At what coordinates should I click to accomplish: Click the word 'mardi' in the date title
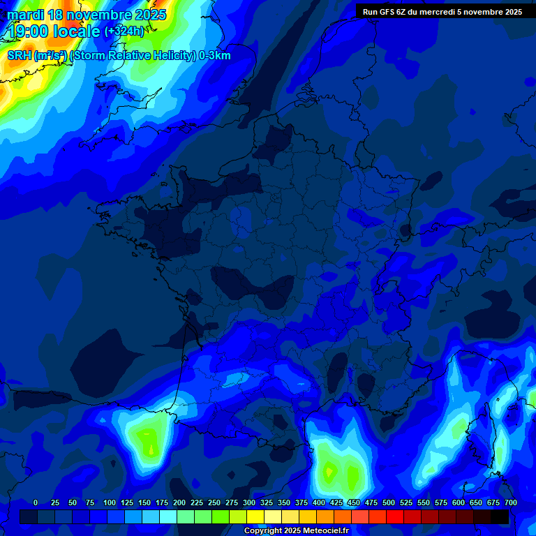point(25,15)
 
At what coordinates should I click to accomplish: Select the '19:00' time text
point(29,31)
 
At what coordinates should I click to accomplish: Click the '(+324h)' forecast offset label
point(124,31)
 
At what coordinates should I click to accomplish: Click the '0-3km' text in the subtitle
point(215,56)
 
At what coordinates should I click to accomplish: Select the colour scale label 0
point(36,502)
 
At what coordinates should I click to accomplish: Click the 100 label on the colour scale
point(110,502)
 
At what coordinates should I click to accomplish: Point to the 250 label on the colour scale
point(214,502)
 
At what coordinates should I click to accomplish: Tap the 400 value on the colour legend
point(319,502)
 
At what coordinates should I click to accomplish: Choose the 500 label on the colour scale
point(389,502)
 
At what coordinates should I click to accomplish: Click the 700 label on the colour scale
point(510,502)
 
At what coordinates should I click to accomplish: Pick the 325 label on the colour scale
point(267,502)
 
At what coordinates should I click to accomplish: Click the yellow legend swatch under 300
point(255,517)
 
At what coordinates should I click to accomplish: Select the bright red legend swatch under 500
point(395,517)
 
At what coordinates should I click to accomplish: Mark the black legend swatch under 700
point(500,517)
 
